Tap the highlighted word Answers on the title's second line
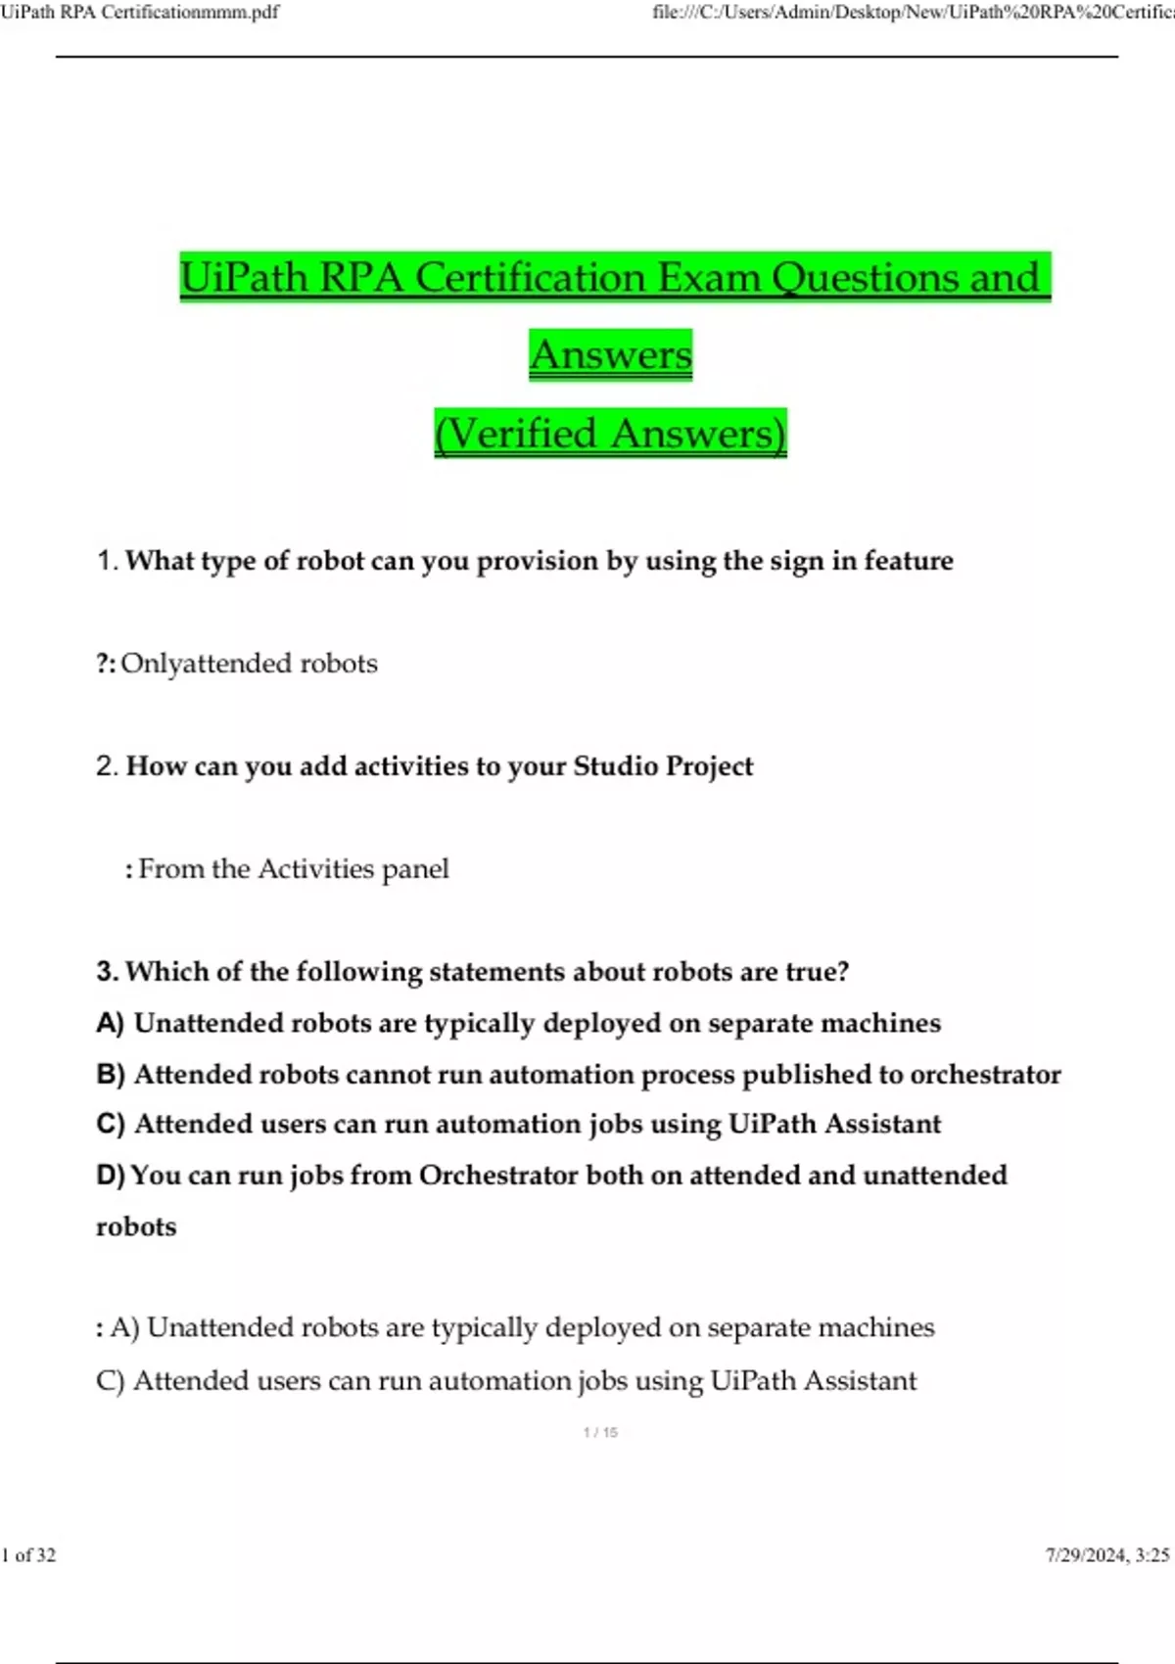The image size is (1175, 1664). pos(611,354)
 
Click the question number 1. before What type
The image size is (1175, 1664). pos(107,561)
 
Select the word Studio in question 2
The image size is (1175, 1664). pos(615,765)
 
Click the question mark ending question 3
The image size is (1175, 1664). pos(843,972)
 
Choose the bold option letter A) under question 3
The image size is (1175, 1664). pos(110,1024)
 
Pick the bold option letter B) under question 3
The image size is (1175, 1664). pos(110,1075)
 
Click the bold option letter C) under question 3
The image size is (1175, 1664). pos(110,1124)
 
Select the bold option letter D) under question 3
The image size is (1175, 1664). pos(110,1176)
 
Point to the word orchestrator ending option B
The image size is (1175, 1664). pos(985,1075)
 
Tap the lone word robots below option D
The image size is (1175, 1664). pos(136,1227)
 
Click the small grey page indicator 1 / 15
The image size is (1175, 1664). pos(600,1432)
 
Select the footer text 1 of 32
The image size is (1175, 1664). pos(29,1555)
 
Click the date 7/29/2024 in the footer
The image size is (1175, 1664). pos(1085,1555)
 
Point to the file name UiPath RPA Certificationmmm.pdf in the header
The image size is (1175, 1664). pos(140,12)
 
